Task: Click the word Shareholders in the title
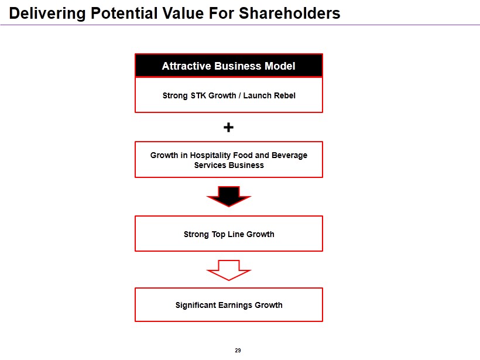point(289,13)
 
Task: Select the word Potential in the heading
point(124,13)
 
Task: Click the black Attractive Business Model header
point(229,66)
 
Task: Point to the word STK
point(198,95)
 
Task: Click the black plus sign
point(228,127)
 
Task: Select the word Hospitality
point(210,156)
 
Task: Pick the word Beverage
point(289,156)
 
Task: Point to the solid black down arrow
point(229,197)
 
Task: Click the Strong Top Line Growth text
point(229,235)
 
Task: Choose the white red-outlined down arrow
point(229,270)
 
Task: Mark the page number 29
point(238,350)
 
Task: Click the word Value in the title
point(183,13)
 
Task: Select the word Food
point(243,156)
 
